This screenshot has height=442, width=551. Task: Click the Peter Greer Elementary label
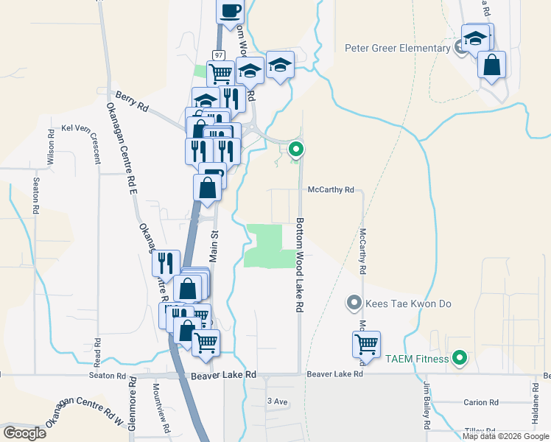[x=397, y=49]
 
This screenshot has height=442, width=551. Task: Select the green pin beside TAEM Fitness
[x=460, y=359]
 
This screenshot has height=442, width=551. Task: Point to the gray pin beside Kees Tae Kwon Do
[x=354, y=303]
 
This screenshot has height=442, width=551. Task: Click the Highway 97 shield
[x=219, y=55]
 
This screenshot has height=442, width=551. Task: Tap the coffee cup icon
[x=229, y=10]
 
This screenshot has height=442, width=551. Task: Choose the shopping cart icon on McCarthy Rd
[x=366, y=343]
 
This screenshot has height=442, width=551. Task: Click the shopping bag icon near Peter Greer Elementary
[x=491, y=65]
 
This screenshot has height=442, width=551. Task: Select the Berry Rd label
[x=133, y=101]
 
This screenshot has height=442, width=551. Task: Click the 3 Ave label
[x=277, y=401]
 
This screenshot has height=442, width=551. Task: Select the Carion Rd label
[x=481, y=402]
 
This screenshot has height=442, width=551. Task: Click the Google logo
[x=25, y=433]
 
